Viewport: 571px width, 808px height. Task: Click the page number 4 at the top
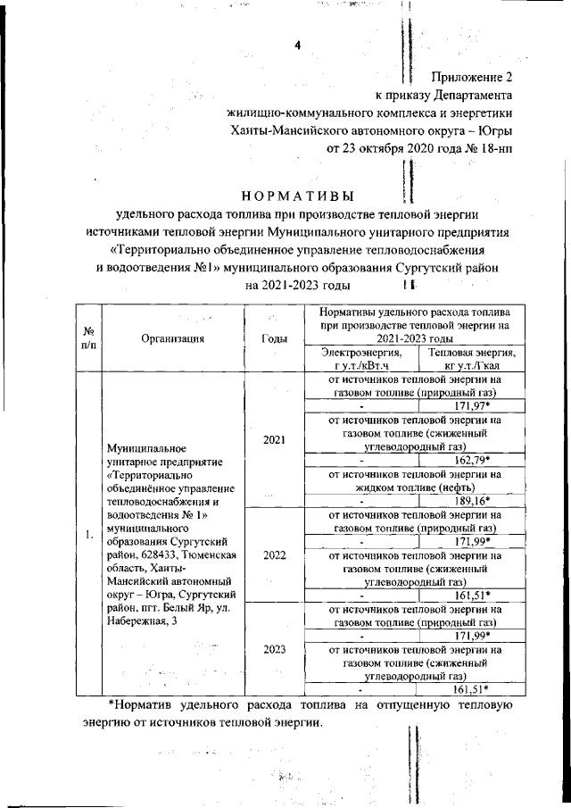(x=298, y=46)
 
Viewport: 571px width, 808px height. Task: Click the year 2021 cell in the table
(x=274, y=439)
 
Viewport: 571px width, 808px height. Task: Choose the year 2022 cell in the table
(x=274, y=554)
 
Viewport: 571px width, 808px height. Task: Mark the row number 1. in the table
(x=88, y=535)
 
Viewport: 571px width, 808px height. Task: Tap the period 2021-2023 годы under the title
(x=297, y=286)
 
